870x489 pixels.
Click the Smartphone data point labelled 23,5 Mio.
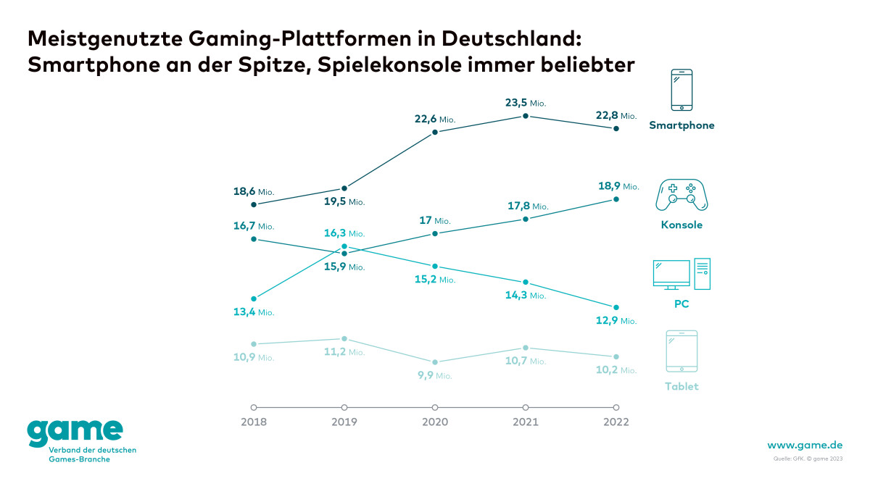526,116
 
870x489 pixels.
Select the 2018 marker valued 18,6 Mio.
254,204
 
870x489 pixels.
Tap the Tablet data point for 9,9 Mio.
435,362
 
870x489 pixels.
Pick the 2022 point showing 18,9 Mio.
616,199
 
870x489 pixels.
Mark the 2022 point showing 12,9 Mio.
616,307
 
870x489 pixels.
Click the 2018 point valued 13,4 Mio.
254,298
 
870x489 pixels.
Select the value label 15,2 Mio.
434,280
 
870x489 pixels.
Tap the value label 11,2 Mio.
344,352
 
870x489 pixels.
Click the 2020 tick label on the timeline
435,422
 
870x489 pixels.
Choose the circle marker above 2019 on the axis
344,407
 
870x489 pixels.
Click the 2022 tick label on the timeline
616,422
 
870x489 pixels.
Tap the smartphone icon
681,90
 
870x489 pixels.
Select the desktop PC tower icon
702,273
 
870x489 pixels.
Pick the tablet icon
681,351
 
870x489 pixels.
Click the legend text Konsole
681,225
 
